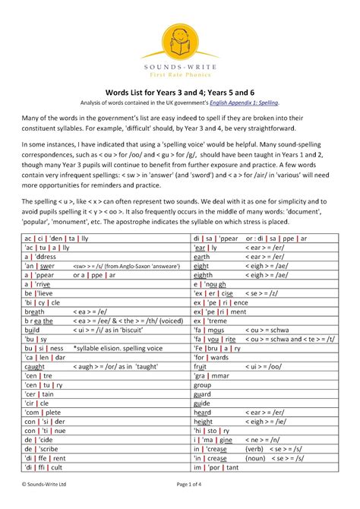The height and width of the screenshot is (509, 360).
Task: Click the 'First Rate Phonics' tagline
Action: tap(180, 74)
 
